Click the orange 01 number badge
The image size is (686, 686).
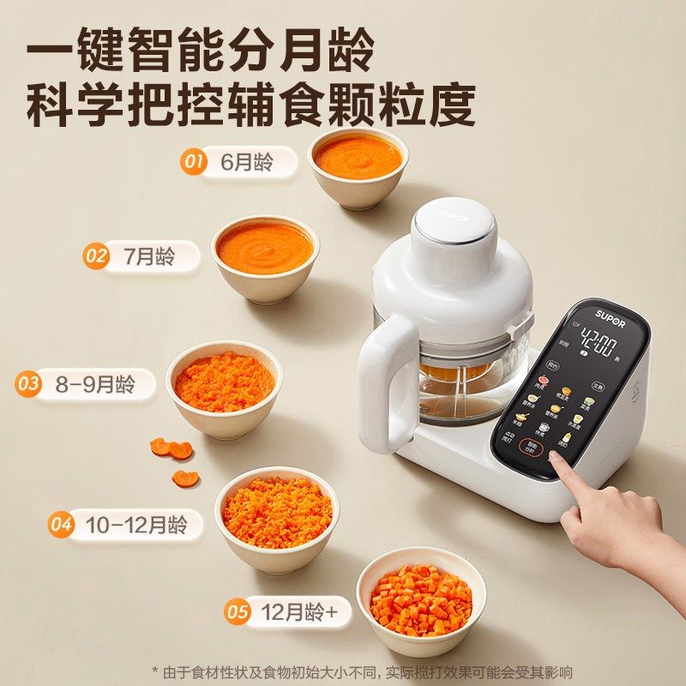(x=193, y=161)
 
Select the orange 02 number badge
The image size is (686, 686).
(x=96, y=256)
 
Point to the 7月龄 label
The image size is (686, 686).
(x=149, y=256)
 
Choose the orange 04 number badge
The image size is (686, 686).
(x=60, y=524)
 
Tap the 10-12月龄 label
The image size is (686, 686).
(x=137, y=524)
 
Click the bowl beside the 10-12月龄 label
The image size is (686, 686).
(x=276, y=513)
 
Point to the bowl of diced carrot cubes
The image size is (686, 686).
(x=420, y=600)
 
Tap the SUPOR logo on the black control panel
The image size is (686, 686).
(x=611, y=315)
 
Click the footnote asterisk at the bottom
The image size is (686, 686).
(x=155, y=671)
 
